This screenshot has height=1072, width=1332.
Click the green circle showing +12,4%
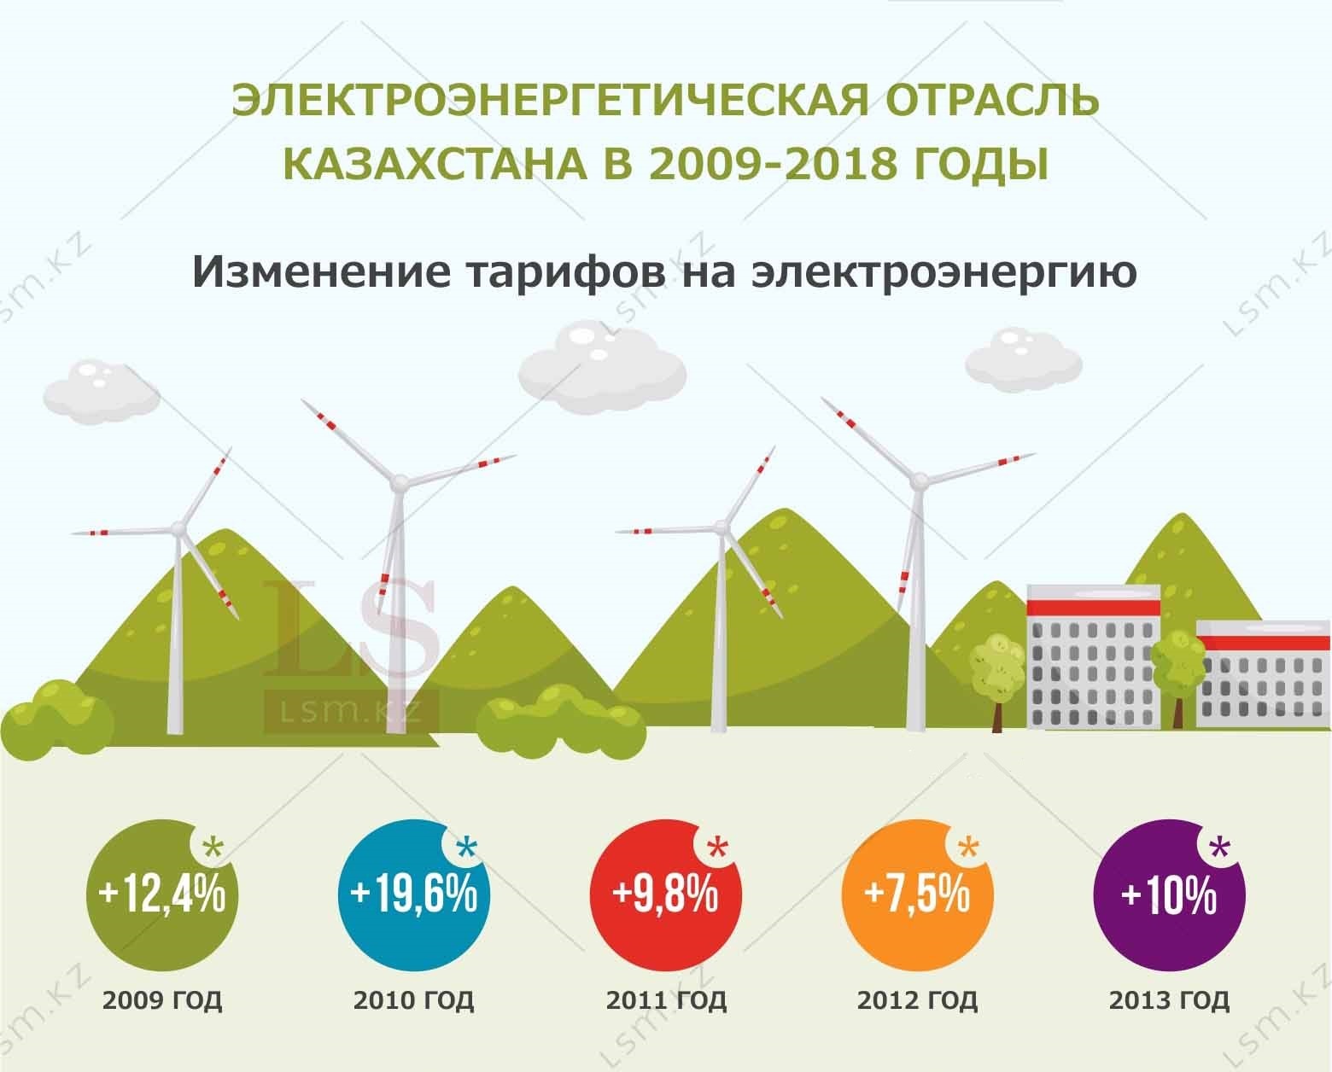click(162, 895)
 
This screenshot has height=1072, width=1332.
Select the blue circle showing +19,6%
click(414, 895)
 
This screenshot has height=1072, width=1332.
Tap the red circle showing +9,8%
click(665, 895)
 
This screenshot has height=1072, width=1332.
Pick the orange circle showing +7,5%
click(917, 895)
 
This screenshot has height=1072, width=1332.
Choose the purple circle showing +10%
click(1169, 895)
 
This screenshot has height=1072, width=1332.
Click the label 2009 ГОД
click(162, 1001)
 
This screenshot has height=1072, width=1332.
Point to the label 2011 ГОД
click(666, 1001)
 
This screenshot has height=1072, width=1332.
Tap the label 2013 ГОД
click(1169, 1001)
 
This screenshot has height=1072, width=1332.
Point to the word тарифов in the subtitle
click(567, 272)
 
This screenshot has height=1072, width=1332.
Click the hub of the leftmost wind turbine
click(178, 528)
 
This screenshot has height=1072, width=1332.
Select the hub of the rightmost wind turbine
click(919, 480)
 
